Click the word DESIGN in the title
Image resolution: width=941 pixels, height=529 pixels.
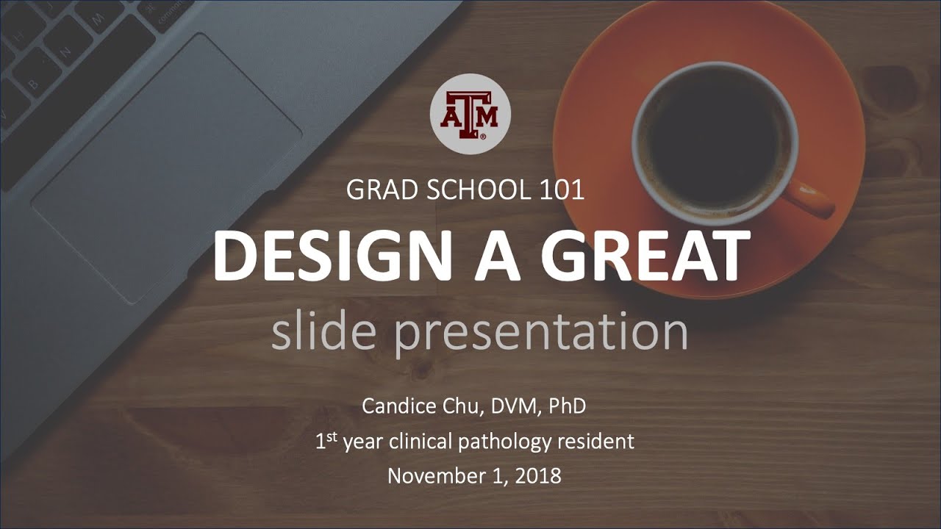tap(330, 256)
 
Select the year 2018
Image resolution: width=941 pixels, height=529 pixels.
tap(537, 475)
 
